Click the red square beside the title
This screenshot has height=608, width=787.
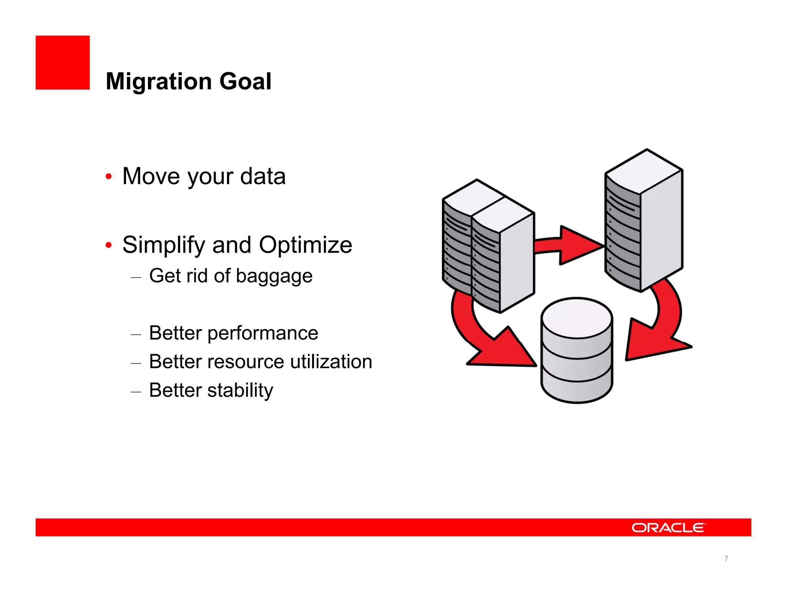point(63,63)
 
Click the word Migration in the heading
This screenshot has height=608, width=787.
point(157,81)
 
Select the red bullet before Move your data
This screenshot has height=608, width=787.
point(109,177)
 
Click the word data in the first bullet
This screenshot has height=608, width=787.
point(263,176)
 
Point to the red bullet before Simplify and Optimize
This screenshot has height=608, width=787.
point(109,245)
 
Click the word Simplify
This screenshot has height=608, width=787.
point(164,245)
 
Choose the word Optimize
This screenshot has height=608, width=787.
point(305,245)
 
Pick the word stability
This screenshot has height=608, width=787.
point(240,390)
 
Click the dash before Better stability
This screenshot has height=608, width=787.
point(136,392)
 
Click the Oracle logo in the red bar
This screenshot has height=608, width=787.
point(668,528)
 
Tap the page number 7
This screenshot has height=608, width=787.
point(726,558)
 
